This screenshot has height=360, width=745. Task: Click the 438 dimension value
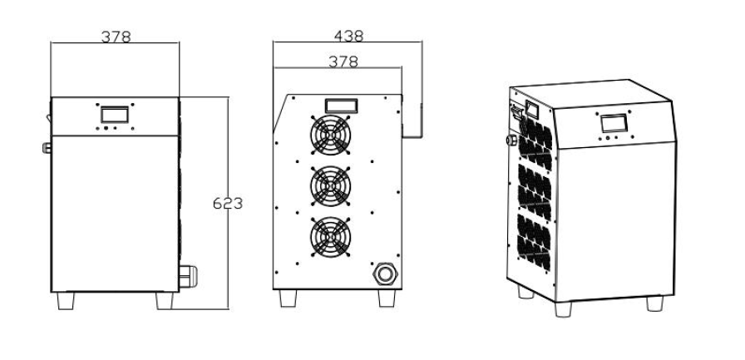[348, 36]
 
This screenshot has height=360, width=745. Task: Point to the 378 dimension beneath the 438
[343, 61]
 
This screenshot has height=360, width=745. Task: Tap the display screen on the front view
[115, 114]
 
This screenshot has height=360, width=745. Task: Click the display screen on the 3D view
[614, 123]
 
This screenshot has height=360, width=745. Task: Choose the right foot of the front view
[164, 300]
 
